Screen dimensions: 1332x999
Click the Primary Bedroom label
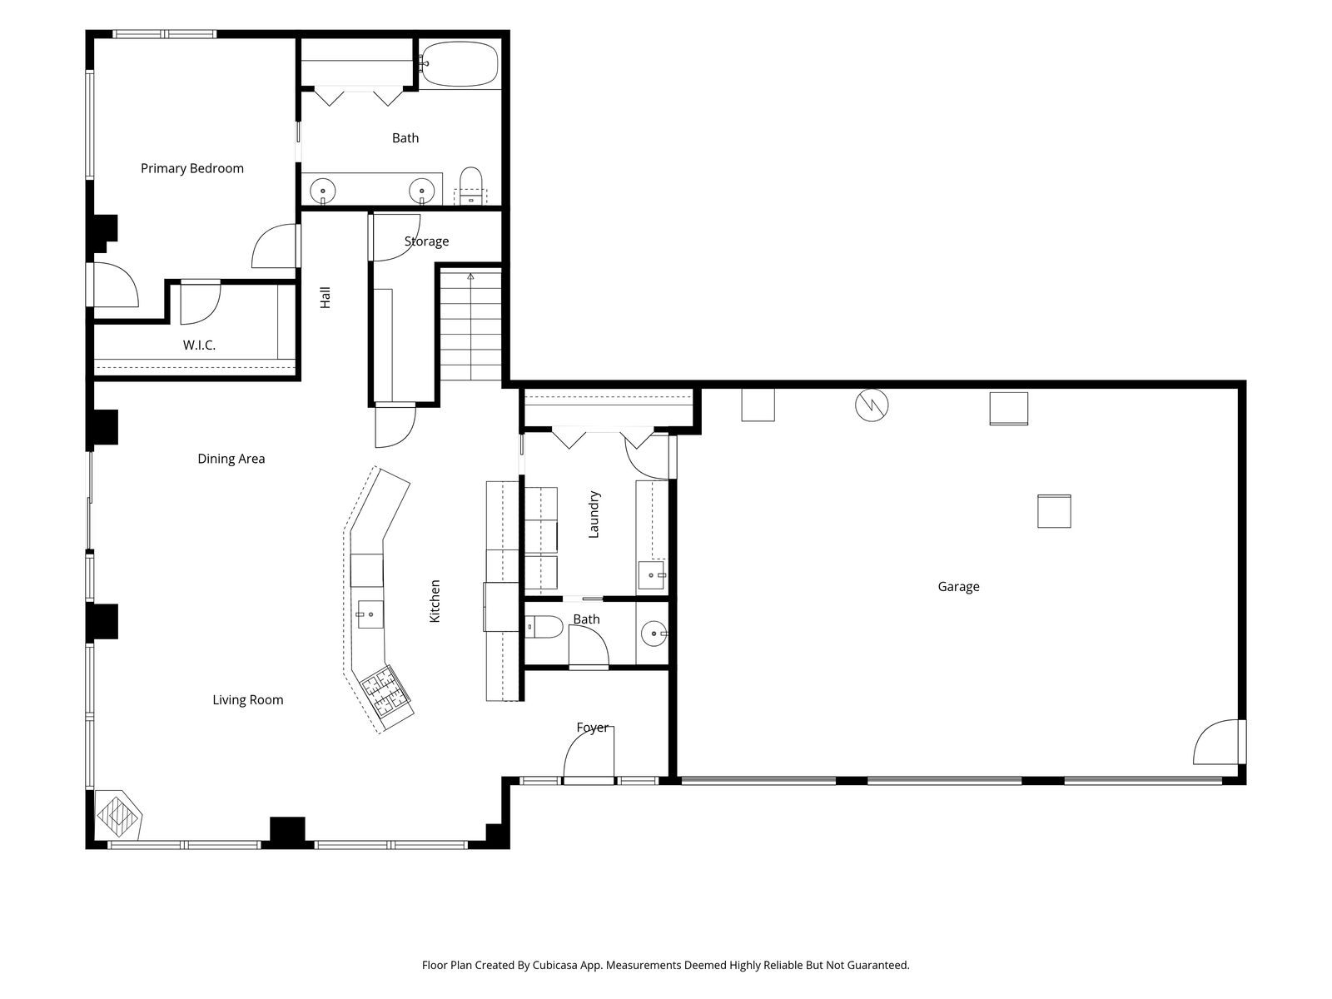click(191, 169)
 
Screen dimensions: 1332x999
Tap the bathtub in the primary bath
click(459, 64)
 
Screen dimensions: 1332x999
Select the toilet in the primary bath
click(470, 186)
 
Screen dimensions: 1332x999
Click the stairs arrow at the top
click(470, 276)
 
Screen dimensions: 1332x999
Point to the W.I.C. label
click(199, 345)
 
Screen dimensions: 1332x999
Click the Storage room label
click(426, 241)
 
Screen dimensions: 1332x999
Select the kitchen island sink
click(370, 614)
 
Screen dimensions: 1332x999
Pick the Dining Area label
click(231, 460)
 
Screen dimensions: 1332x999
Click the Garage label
click(958, 587)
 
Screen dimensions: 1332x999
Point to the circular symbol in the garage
click(872, 405)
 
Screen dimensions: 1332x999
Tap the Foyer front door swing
click(589, 752)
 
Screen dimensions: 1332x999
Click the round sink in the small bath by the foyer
click(654, 634)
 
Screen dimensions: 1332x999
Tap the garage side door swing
click(1216, 742)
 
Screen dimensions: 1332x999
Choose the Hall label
click(326, 298)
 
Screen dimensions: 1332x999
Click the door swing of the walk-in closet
click(201, 303)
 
